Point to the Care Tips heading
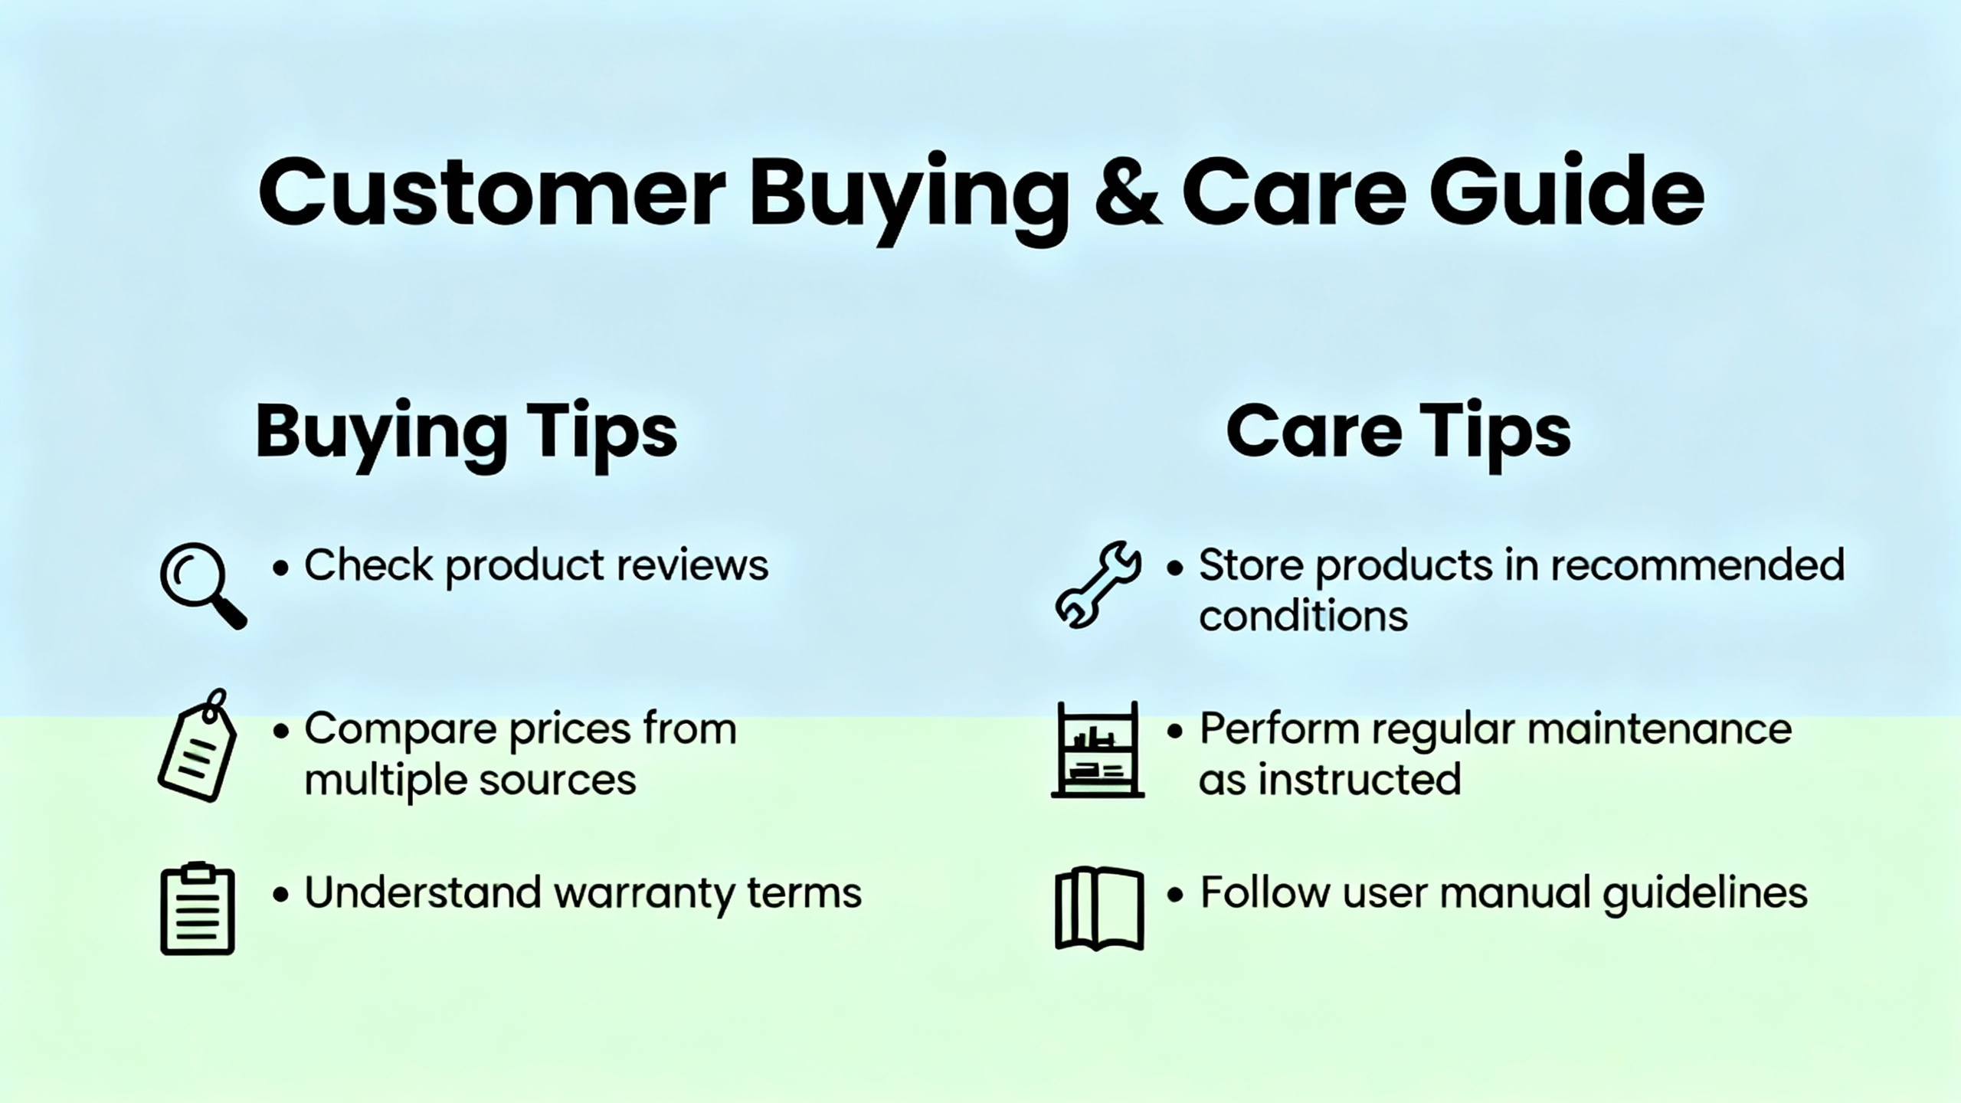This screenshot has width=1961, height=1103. pos(1398,431)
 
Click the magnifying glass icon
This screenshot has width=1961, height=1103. pos(202,585)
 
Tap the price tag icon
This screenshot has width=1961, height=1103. pos(198,746)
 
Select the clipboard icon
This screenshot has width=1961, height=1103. pos(198,909)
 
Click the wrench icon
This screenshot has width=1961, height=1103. pos(1097,585)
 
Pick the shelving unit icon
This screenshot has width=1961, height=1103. pos(1097,750)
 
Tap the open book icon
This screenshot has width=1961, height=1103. pos(1098,909)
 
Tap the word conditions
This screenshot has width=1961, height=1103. pos(1303,616)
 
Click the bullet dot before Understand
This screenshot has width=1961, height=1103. pos(281,894)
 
